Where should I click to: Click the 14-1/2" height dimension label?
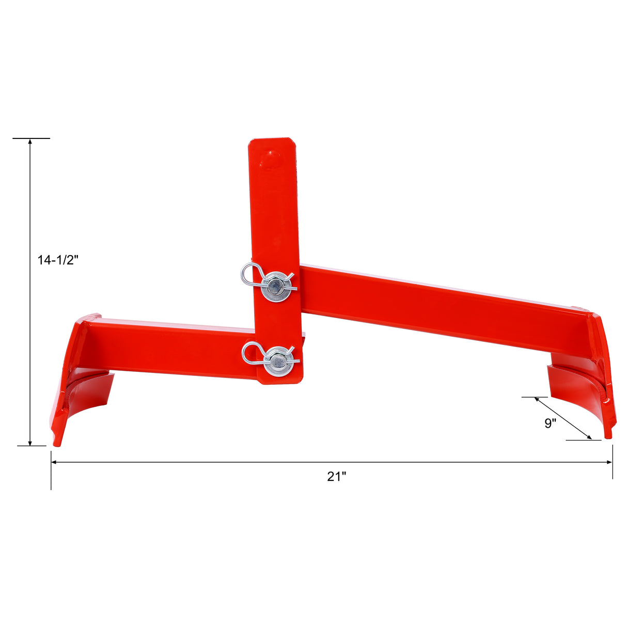pyautogui.click(x=57, y=260)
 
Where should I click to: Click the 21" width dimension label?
pyautogui.click(x=336, y=476)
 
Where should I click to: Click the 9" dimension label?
pyautogui.click(x=550, y=424)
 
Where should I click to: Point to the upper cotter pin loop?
pyautogui.click(x=249, y=273)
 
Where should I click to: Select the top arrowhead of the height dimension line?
pyautogui.click(x=30, y=142)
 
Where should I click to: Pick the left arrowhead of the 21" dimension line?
pyautogui.click(x=54, y=462)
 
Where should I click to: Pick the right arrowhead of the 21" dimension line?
pyautogui.click(x=609, y=462)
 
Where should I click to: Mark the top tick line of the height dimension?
pyautogui.click(x=31, y=138)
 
